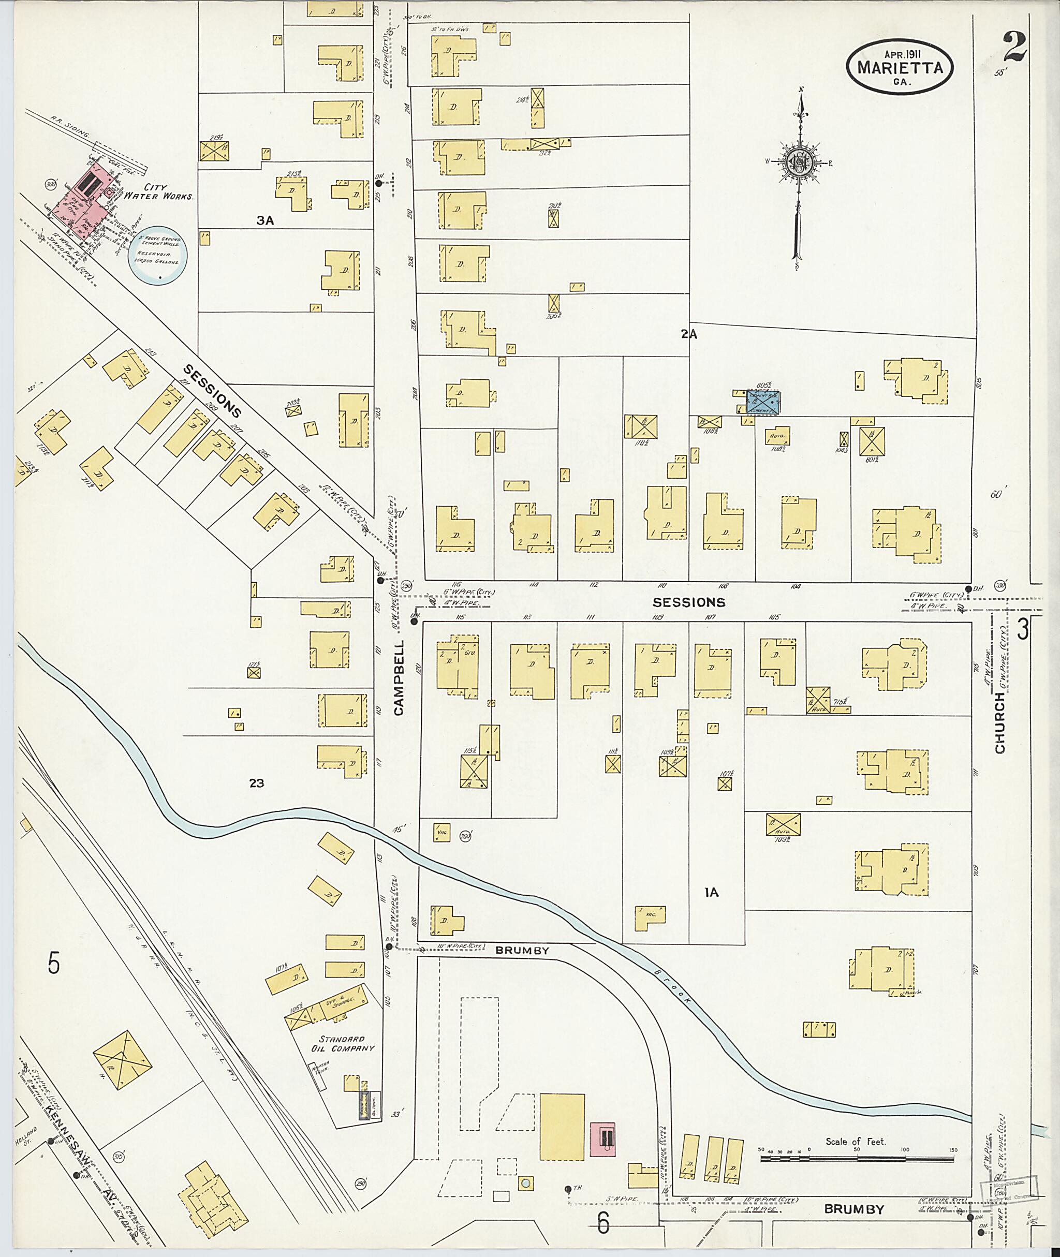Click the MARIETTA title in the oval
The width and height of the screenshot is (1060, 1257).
point(900,67)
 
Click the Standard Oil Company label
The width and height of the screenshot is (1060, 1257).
point(347,1043)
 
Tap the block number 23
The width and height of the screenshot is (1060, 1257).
point(257,783)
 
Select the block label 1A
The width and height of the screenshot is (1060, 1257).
point(712,910)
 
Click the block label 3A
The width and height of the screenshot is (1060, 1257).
point(265,220)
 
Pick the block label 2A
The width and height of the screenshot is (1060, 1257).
point(689,335)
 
